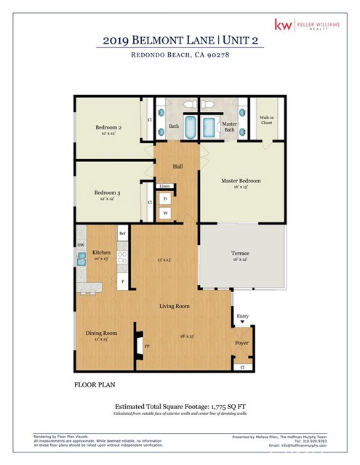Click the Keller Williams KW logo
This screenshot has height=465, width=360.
(x=281, y=25)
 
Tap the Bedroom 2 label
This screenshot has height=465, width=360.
(x=108, y=127)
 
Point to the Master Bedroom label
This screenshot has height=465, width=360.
(x=241, y=180)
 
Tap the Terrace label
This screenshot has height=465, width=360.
(x=240, y=255)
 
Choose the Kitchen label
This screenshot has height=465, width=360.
(x=101, y=253)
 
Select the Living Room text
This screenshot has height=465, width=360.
(x=175, y=306)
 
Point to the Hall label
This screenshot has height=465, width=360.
(x=177, y=166)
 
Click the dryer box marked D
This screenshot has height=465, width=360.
(x=166, y=198)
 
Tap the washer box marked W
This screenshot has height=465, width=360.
(x=166, y=214)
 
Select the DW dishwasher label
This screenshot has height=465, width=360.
(x=81, y=245)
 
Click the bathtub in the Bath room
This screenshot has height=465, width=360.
(x=190, y=128)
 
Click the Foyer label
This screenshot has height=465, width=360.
(x=241, y=342)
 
